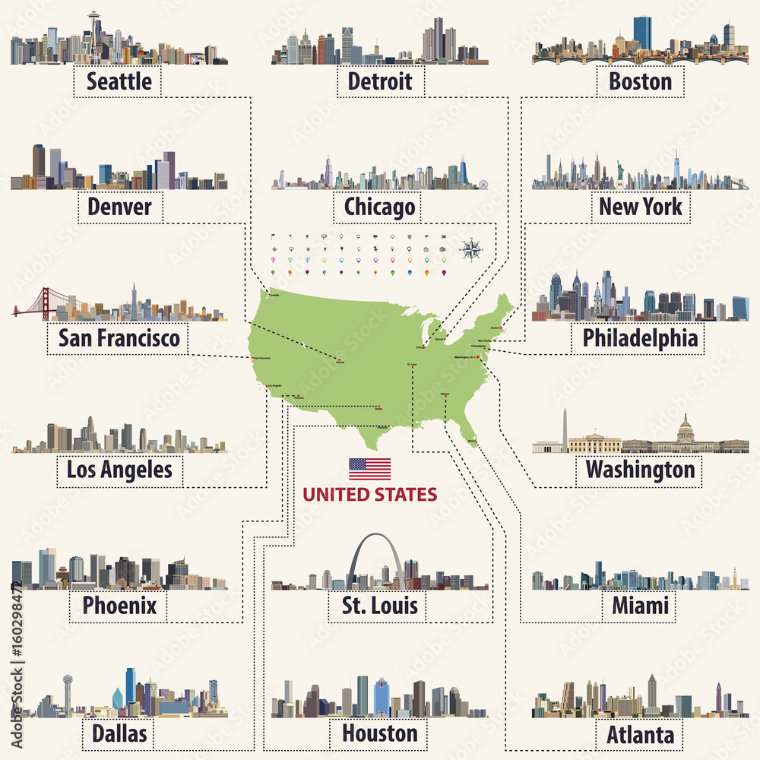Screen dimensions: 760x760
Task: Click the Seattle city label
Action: (119, 81)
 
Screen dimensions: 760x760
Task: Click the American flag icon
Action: (369, 469)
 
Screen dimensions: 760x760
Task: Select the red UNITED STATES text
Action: (369, 495)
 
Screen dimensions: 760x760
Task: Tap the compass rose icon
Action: (471, 249)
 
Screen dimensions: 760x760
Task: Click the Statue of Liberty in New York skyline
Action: (619, 173)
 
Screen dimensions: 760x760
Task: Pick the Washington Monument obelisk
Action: (565, 429)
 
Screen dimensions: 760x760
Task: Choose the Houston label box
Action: (379, 733)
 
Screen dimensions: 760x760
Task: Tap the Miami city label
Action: (640, 605)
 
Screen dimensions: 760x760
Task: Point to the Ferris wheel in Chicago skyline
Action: (483, 184)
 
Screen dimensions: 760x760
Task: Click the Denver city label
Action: (119, 206)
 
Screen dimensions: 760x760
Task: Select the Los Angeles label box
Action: (119, 470)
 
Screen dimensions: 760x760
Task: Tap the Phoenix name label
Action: (119, 605)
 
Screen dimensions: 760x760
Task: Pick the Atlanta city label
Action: (640, 735)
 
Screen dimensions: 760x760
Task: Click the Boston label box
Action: (640, 81)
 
